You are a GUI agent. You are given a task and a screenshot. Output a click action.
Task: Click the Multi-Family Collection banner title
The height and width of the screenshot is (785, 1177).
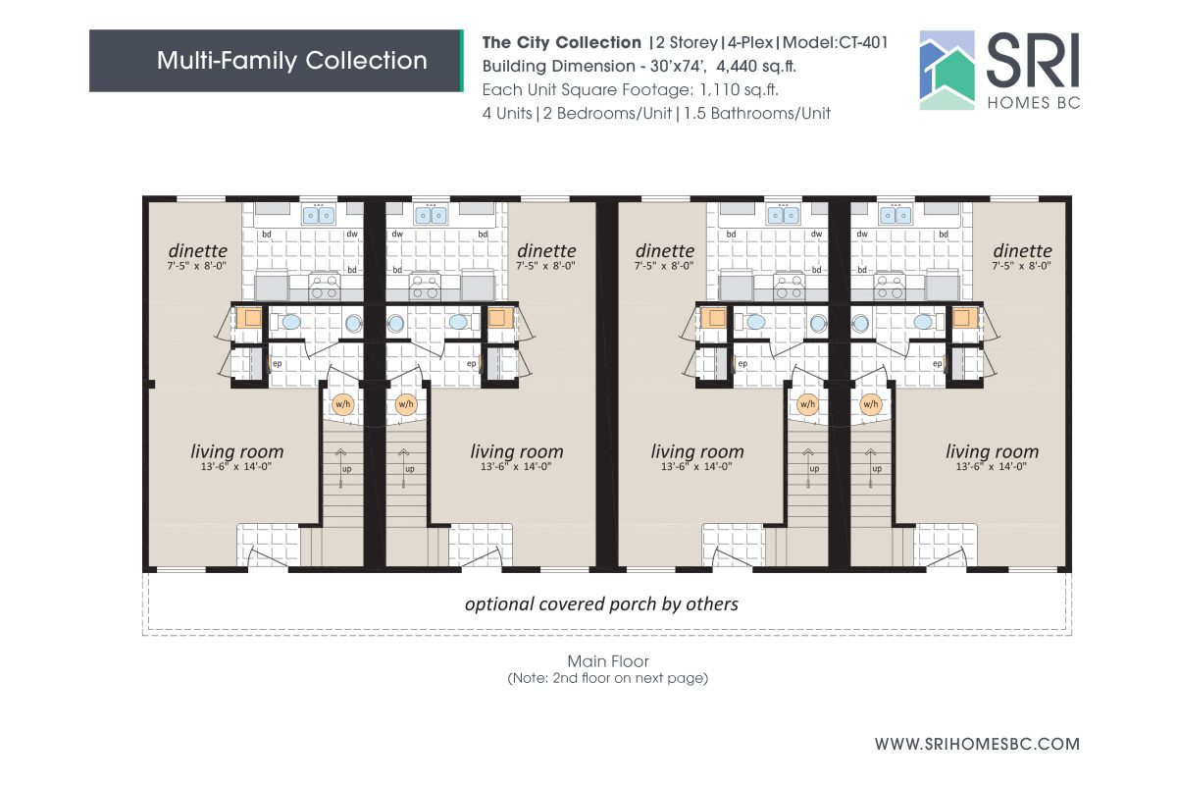point(291,61)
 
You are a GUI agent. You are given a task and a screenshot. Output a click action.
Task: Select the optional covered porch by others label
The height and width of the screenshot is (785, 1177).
point(601,603)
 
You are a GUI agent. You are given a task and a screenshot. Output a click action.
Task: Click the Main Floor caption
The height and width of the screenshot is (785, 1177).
point(607,660)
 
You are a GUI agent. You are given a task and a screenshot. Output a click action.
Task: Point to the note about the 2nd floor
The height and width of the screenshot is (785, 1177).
point(607,677)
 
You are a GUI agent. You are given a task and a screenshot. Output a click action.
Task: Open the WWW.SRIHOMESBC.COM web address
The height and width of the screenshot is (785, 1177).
point(977,744)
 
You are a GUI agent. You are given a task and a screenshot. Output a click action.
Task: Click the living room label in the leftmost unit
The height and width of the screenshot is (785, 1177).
point(236,451)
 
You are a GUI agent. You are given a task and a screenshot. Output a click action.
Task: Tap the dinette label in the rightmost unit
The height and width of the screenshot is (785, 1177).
point(1021,251)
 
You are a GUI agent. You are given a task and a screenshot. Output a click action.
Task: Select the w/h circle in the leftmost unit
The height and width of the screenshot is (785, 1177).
point(342,403)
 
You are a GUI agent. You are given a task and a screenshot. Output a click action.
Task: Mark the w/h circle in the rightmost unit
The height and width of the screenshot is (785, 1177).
point(870,403)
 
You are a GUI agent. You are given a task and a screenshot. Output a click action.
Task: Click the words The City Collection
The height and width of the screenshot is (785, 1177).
point(561,43)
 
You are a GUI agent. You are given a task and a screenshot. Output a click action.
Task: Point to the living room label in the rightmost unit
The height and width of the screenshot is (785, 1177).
point(992,451)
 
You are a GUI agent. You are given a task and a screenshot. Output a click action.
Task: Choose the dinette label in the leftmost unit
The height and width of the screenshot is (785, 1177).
point(197,251)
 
